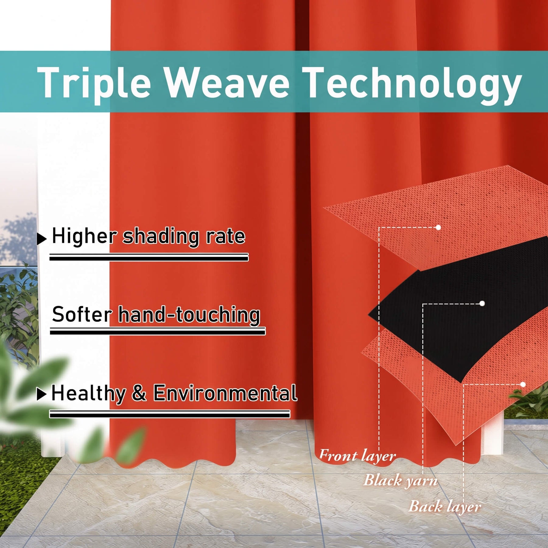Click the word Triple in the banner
[x=94, y=83]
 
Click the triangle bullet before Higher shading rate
[x=42, y=239]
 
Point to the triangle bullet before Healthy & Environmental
[x=41, y=394]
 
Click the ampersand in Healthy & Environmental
[x=139, y=393]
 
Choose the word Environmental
[x=225, y=393]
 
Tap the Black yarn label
[x=401, y=481]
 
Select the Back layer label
[x=445, y=507]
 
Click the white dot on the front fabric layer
[x=438, y=227]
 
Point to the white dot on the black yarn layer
[x=482, y=304]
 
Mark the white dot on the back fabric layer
[x=523, y=385]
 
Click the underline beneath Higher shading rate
[x=149, y=257]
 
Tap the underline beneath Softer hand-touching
[x=158, y=331]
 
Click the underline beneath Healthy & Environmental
[x=170, y=414]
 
